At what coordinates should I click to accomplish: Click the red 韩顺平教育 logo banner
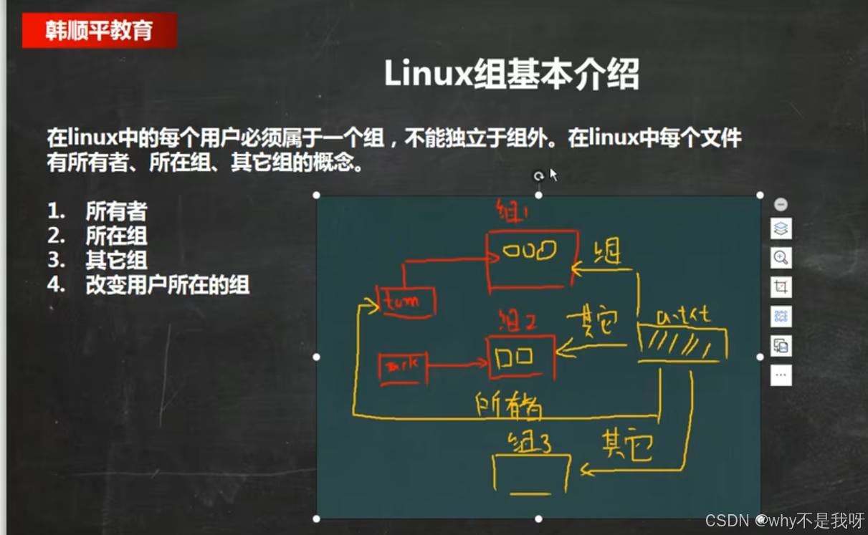(99, 31)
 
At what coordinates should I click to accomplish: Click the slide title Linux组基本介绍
(511, 74)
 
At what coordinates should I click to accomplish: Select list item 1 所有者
(116, 211)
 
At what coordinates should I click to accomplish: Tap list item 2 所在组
(116, 236)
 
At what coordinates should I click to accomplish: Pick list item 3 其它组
(116, 260)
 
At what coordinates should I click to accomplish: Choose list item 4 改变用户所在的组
(167, 285)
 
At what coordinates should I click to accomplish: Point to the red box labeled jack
(402, 367)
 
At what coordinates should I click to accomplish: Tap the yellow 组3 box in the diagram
(532, 473)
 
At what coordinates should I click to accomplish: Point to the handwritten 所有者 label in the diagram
(508, 407)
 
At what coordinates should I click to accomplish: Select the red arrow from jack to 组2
(457, 365)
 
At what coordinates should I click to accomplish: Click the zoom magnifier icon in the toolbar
(781, 258)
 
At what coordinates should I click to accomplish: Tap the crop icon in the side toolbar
(781, 287)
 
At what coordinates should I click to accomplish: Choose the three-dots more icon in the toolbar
(781, 375)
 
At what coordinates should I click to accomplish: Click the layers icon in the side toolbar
(781, 229)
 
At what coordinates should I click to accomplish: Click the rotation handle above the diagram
(538, 176)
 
